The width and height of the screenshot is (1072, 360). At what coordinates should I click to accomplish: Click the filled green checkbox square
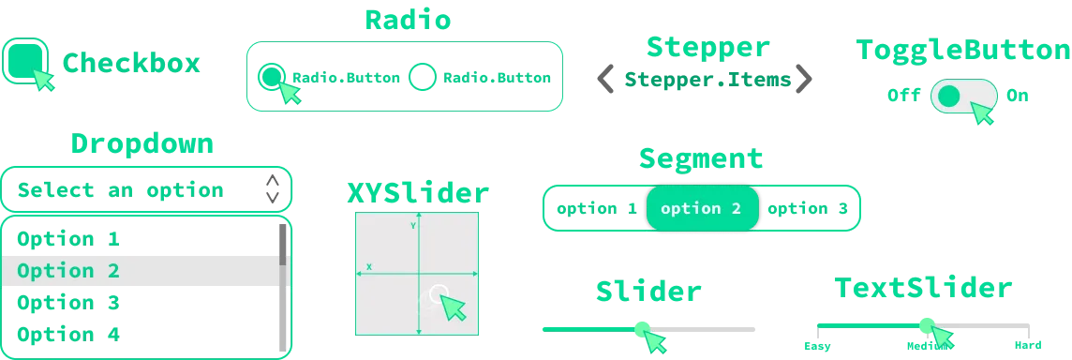[x=25, y=60]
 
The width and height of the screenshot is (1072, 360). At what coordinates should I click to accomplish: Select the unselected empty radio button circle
[x=422, y=77]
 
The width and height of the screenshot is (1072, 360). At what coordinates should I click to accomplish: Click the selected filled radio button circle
[x=272, y=77]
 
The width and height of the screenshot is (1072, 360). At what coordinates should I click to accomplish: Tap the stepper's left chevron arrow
[x=605, y=79]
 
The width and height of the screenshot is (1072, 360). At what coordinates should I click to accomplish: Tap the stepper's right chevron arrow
[x=803, y=79]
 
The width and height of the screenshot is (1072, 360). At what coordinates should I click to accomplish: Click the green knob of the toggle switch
[x=949, y=96]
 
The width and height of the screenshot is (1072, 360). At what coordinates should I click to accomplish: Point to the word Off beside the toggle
[x=904, y=95]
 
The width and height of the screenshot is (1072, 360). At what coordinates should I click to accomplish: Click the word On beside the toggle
[x=1018, y=95]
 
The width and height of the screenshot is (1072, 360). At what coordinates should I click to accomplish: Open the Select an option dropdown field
[x=146, y=189]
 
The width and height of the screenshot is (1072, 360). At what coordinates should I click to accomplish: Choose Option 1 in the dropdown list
[x=68, y=239]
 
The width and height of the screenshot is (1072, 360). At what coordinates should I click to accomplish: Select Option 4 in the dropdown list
[x=68, y=335]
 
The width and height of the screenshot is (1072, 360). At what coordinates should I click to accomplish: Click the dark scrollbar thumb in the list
[x=282, y=245]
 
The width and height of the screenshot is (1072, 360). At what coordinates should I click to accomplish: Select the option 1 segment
[x=597, y=209]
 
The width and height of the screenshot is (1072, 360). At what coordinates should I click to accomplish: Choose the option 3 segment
[x=808, y=209]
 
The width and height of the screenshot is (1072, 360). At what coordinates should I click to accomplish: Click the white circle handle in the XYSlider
[x=439, y=294]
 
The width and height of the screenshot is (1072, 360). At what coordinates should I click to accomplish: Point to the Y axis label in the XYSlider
[x=413, y=225]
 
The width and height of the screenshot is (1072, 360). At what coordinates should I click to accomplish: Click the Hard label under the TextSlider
[x=1028, y=346]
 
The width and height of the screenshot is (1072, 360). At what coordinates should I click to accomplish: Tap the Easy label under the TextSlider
[x=818, y=346]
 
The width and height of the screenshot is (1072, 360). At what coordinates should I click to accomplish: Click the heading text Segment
[x=701, y=158]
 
